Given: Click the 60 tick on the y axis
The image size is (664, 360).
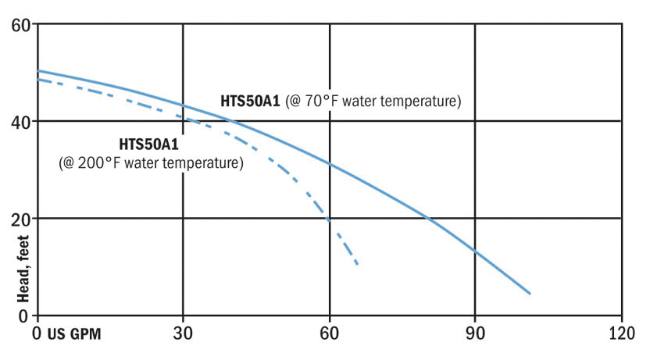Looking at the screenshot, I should pyautogui.click(x=20, y=24).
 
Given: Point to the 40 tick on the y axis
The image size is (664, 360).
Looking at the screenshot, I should pyautogui.click(x=20, y=121).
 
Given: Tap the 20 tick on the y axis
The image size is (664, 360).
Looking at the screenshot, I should pyautogui.click(x=20, y=219).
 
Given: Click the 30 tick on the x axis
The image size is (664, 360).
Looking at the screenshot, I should pyautogui.click(x=184, y=331).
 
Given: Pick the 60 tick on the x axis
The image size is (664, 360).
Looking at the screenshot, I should pyautogui.click(x=330, y=331).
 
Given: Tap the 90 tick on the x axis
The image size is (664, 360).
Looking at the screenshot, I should pyautogui.click(x=475, y=331).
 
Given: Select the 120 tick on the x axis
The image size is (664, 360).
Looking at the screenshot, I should pyautogui.click(x=621, y=331).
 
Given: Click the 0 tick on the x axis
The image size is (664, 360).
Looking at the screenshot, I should pyautogui.click(x=37, y=331).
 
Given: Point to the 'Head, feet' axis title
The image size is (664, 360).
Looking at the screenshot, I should pyautogui.click(x=23, y=269).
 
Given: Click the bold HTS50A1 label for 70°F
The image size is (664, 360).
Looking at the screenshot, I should pyautogui.click(x=250, y=102).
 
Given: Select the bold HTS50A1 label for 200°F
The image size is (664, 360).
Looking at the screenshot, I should pyautogui.click(x=148, y=144).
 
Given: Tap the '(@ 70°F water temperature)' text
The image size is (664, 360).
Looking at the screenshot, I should pyautogui.click(x=373, y=102).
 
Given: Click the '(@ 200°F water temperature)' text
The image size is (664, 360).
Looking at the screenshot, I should pyautogui.click(x=151, y=163).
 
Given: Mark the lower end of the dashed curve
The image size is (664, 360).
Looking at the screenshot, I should pyautogui.click(x=358, y=266).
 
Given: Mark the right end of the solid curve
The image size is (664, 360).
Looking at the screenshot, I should pyautogui.click(x=530, y=294).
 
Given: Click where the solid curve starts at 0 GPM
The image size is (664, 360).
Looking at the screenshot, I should pyautogui.click(x=38, y=71).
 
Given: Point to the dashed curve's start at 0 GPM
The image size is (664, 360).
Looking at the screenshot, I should pyautogui.click(x=38, y=80).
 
